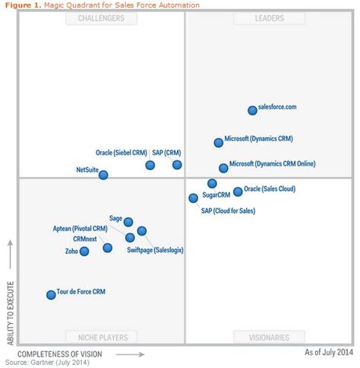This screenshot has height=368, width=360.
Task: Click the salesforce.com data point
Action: coord(253,110)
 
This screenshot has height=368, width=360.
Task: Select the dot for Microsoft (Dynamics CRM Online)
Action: coord(223,168)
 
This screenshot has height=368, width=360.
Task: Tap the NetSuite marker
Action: coord(103,175)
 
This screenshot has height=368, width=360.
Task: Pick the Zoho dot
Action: coord(84,251)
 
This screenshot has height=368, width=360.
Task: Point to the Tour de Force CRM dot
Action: coord(51,294)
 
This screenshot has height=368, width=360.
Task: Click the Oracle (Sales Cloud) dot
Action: coord(238,192)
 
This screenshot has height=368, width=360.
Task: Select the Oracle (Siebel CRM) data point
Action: coord(150,165)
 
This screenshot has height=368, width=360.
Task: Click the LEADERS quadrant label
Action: coord(270,18)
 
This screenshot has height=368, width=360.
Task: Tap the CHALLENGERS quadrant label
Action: coord(102,18)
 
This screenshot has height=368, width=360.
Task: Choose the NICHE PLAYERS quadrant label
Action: coord(102,337)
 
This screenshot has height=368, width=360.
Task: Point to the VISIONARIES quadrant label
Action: coord(270,337)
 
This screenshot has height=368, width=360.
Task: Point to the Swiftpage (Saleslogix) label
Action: coord(155,249)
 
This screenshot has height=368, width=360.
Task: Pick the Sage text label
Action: coord(115,217)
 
